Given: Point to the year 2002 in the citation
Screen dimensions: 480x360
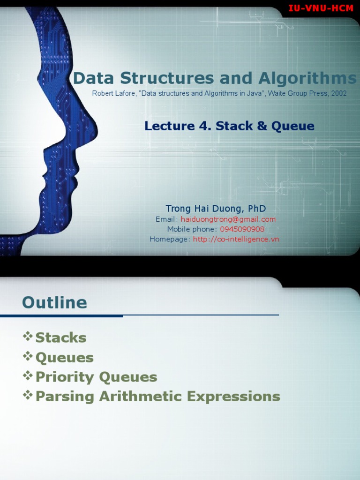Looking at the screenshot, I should [338, 93].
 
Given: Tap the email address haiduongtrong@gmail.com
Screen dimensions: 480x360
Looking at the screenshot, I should [228, 219].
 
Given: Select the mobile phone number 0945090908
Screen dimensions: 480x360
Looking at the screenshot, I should [242, 229].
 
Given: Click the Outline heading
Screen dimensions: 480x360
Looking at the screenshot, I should [54, 303].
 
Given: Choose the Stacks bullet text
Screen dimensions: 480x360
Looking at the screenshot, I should [61, 337].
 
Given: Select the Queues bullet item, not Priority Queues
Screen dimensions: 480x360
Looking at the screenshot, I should [65, 358].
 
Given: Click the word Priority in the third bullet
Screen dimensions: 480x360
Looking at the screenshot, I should [65, 377].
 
